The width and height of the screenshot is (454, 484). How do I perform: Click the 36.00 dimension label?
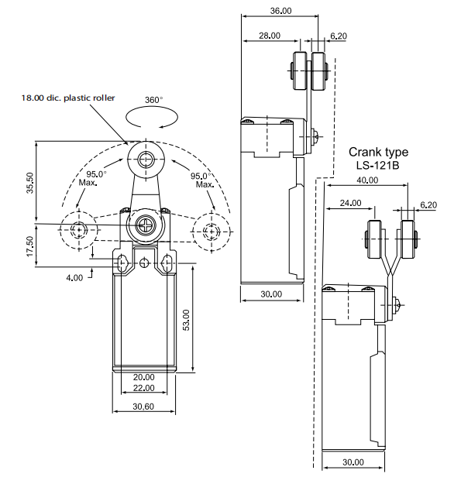point(280,11)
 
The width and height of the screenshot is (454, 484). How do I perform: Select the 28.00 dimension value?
point(270,36)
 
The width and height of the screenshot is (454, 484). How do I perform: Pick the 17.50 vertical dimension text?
point(29,246)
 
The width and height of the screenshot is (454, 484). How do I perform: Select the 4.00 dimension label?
point(74,276)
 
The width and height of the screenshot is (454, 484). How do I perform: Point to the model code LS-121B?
point(378,165)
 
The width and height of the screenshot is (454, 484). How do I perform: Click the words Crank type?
point(378,152)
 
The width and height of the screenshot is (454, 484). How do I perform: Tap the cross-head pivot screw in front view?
point(145,226)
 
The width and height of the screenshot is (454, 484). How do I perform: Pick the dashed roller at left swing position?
point(79,229)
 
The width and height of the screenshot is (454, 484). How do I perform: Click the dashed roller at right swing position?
point(211,230)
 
